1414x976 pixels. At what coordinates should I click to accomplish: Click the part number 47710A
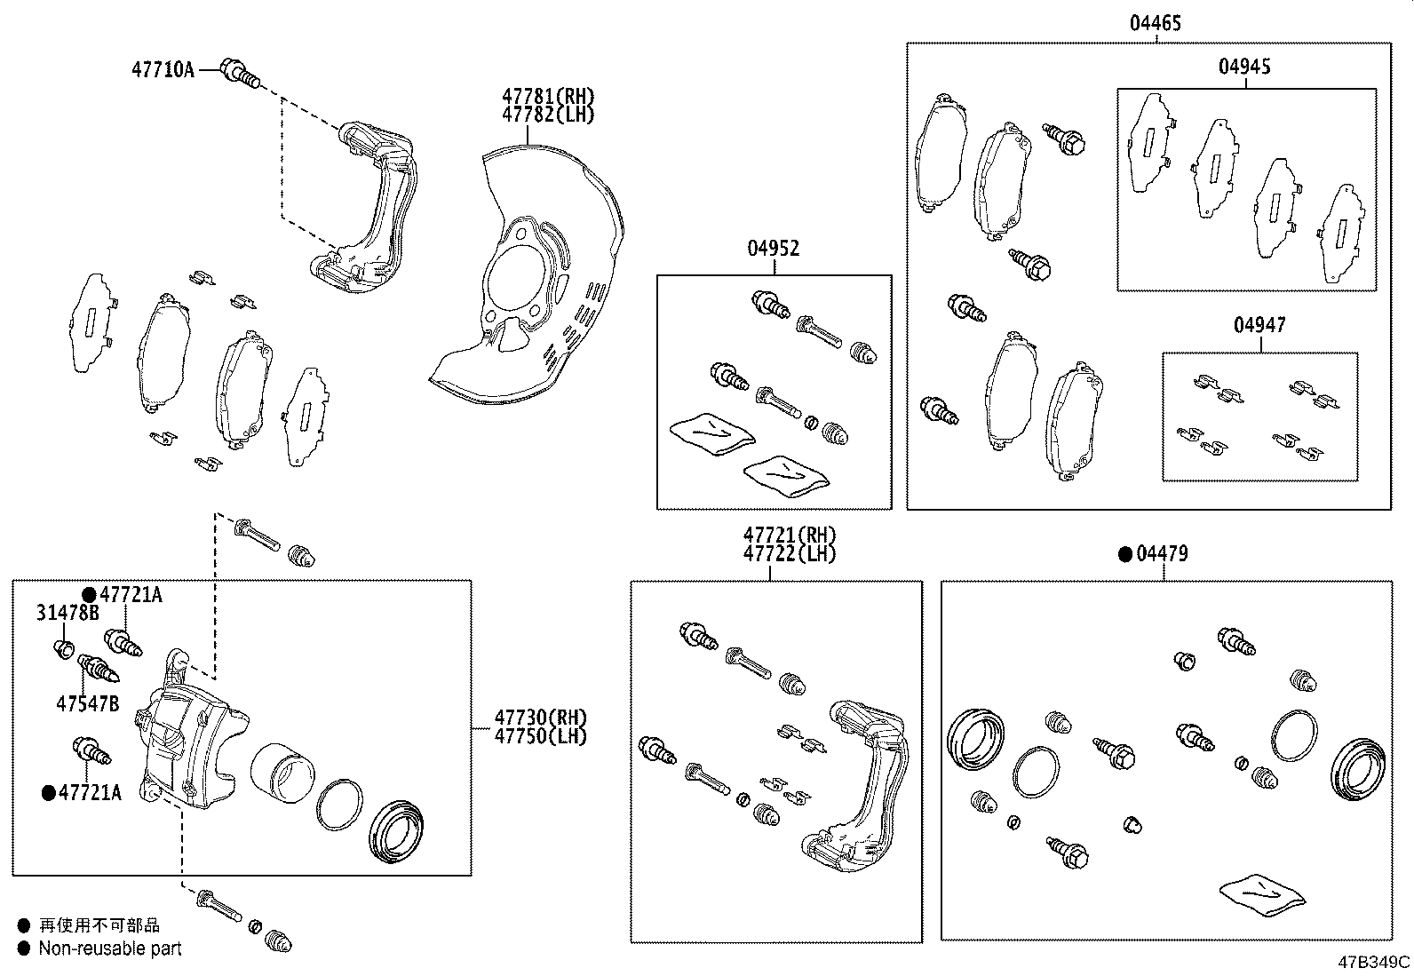[163, 69]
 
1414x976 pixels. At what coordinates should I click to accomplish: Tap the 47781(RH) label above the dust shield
[547, 96]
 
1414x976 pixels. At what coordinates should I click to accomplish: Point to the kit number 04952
[772, 249]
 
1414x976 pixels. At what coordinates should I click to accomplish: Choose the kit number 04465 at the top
[1155, 23]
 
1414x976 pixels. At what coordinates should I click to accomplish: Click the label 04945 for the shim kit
[1243, 67]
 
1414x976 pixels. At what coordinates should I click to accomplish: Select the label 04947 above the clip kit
[1259, 326]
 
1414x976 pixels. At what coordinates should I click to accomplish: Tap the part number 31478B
[68, 613]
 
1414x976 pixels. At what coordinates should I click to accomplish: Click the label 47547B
[87, 704]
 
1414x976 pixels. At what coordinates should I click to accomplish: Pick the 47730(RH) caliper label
[541, 718]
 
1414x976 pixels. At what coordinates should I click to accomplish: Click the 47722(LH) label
[790, 553]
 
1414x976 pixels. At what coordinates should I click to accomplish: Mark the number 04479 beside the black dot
[1162, 554]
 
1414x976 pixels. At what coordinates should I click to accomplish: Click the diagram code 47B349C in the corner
[1375, 962]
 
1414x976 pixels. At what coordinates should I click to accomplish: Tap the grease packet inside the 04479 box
[1263, 897]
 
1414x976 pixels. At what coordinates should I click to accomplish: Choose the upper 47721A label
[131, 595]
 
